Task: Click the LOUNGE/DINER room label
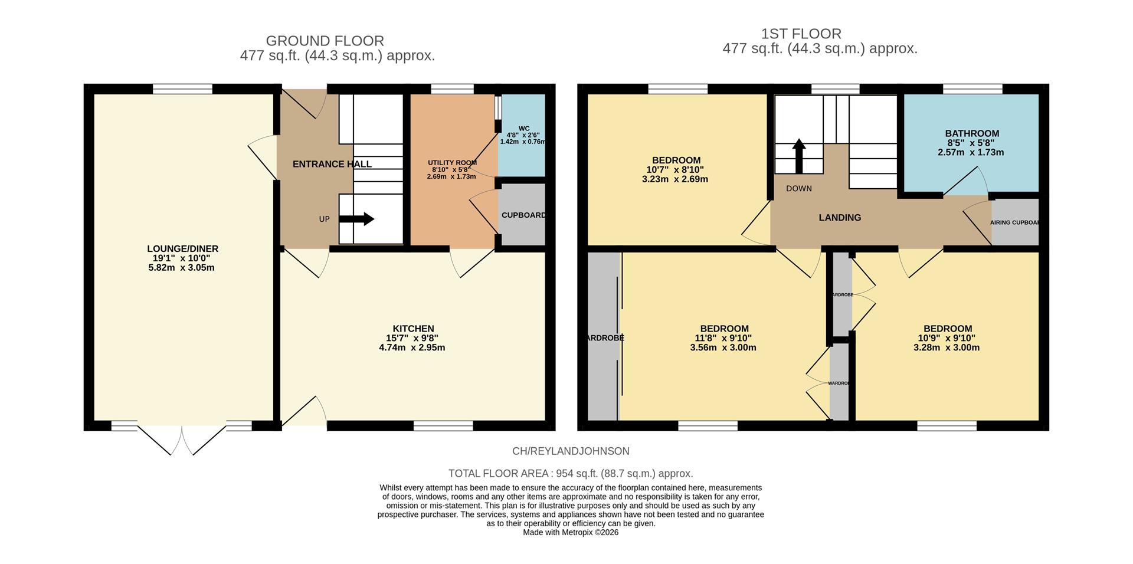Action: pos(182,249)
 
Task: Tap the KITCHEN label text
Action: pos(413,329)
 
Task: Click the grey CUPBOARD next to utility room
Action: pos(522,215)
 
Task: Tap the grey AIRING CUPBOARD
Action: pos(1015,222)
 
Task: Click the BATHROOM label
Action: pos(971,133)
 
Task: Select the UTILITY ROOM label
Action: pos(452,163)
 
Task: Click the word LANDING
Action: pos(839,218)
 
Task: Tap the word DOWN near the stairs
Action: pos(798,189)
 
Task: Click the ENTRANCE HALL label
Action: pos(332,164)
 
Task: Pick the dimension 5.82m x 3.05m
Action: pos(181,268)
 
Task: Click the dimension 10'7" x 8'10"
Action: pos(675,170)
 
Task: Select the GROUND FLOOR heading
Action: pos(325,41)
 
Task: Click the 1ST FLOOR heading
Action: pos(801,34)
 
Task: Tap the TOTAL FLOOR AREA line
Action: pos(570,473)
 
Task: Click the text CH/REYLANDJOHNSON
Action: pos(570,451)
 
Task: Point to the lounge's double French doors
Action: pos(182,440)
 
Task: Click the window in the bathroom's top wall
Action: pos(972,89)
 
